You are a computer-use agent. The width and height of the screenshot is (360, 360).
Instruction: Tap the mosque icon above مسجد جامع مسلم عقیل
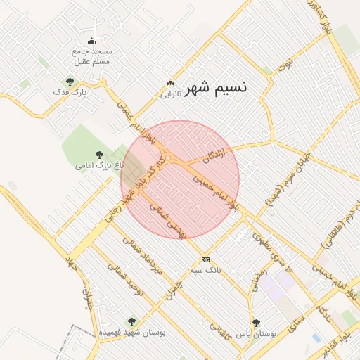91,41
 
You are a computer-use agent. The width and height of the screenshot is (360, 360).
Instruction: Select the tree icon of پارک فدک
69,81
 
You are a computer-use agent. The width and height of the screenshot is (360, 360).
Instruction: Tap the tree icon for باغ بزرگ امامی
98,155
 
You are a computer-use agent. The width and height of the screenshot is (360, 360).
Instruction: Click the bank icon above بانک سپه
205,259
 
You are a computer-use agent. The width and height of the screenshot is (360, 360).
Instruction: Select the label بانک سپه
207,269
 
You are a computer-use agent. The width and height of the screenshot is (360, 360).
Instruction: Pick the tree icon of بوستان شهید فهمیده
131,321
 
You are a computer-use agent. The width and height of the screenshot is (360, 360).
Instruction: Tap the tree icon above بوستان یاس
255,322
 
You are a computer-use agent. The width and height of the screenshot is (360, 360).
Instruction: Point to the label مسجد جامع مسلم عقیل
91,56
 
